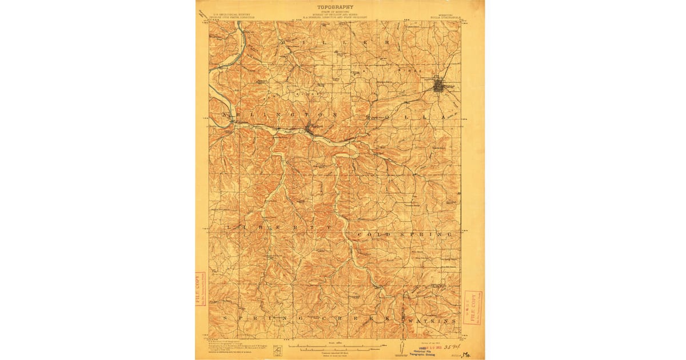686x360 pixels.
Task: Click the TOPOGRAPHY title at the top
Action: point(335,7)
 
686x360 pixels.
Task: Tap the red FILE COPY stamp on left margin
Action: point(200,289)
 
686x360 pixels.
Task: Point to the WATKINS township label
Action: point(433,321)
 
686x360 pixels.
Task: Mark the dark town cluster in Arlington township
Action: point(309,129)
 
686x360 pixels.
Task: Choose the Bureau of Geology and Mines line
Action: point(335,16)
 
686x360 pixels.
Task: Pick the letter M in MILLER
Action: point(282,43)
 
